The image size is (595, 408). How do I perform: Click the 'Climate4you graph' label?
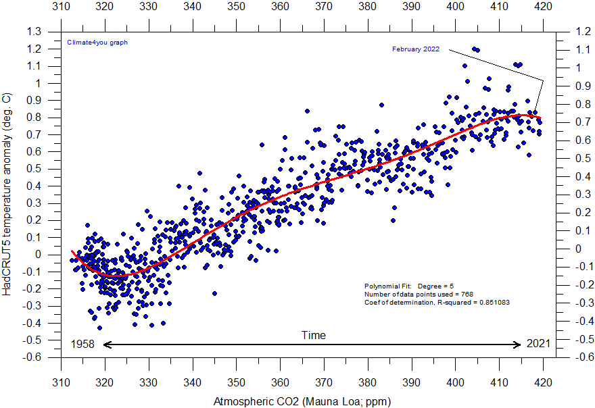[x=97, y=42]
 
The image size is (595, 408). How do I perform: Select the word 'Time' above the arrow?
[x=313, y=335]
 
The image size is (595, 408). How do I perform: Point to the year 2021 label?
[x=539, y=345]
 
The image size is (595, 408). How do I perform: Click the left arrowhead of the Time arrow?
[x=107, y=345]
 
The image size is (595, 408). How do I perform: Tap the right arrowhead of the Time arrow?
[x=518, y=345]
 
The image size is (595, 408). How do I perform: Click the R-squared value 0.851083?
[x=488, y=302]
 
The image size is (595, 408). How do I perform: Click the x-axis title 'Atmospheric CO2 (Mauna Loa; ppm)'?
[x=302, y=401]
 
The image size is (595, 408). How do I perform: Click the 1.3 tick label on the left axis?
[x=33, y=32]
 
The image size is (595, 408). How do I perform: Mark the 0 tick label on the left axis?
[x=38, y=255]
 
